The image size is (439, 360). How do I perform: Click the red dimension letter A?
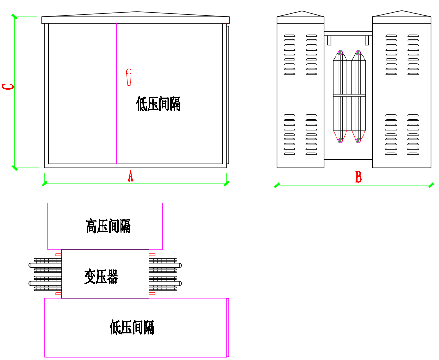131,176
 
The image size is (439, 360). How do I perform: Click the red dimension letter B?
359,177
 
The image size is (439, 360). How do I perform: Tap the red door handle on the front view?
129,77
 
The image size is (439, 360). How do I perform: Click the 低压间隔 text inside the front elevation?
159,103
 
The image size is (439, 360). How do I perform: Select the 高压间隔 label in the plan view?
108,226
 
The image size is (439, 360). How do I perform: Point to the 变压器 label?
101,276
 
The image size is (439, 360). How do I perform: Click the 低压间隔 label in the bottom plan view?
132,327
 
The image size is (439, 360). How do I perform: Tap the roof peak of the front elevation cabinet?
137,12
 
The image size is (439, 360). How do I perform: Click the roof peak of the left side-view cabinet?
301,11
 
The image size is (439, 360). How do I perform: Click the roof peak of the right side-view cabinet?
402,11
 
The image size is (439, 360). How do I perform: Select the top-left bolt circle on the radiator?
340,52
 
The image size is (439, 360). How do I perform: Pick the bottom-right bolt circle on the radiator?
358,140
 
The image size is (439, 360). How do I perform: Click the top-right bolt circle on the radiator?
358,52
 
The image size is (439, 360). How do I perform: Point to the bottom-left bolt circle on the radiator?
340,140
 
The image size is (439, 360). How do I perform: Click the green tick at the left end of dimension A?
45,183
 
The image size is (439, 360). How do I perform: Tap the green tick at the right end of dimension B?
431,185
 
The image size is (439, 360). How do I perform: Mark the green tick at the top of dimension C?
15,17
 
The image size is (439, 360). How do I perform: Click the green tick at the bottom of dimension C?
15,167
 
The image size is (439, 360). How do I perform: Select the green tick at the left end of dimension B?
277,185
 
